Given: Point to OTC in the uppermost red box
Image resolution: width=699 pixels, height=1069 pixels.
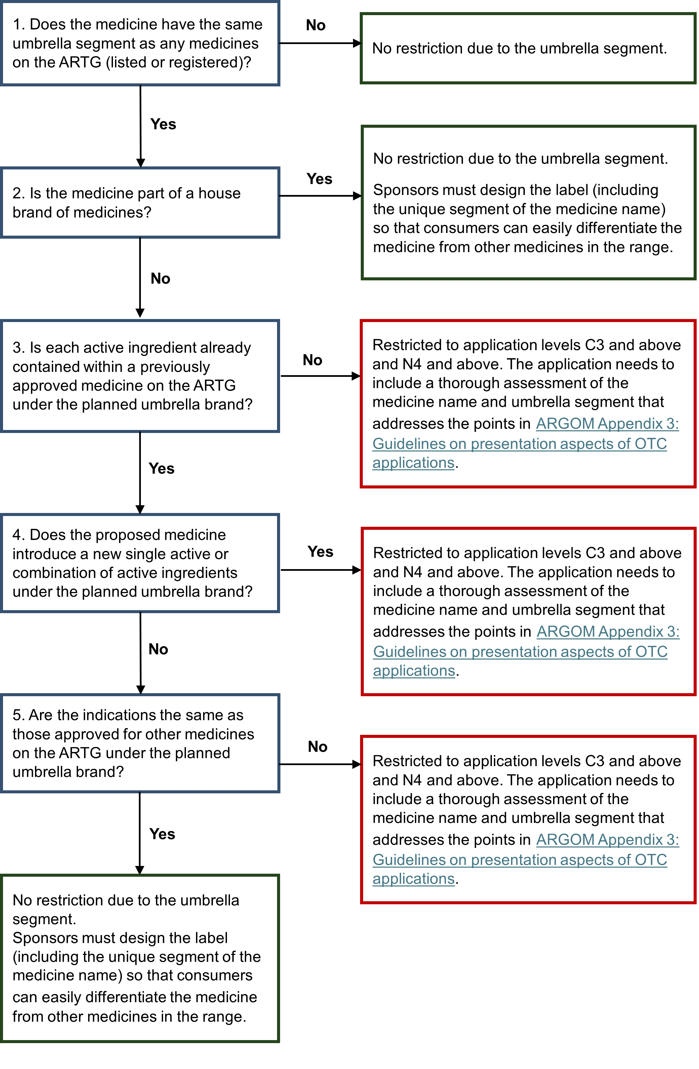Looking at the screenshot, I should tap(651, 444).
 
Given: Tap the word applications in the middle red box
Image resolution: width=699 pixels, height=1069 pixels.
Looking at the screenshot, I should tap(414, 671).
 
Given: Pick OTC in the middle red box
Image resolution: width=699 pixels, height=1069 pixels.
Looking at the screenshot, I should tap(651, 652).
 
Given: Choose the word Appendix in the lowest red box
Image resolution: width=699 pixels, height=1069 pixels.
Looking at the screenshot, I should tap(631, 839).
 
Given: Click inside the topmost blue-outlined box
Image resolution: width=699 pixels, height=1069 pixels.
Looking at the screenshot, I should tap(140, 43).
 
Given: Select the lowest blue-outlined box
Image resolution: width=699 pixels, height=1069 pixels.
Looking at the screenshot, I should tap(140, 743).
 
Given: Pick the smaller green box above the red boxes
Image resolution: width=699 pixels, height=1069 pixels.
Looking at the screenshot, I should tap(528, 48).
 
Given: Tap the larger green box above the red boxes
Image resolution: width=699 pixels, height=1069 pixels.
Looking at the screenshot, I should tap(528, 203).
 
